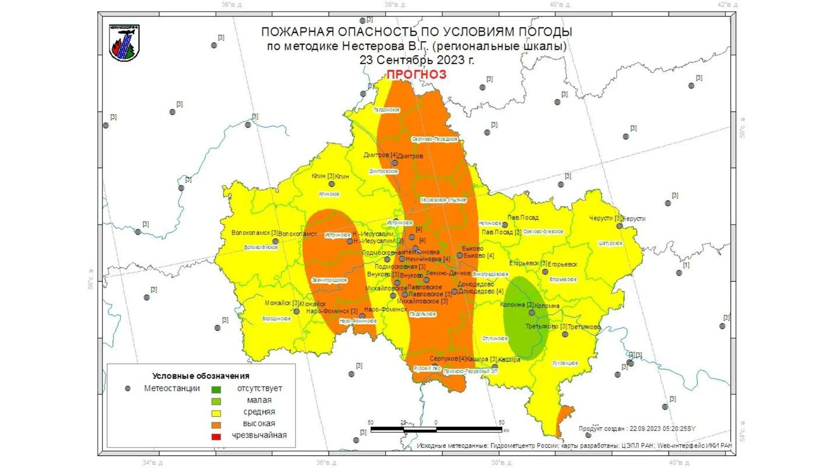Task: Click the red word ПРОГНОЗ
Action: point(416,74)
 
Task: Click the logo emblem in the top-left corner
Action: point(124,43)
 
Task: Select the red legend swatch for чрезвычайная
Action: point(216,436)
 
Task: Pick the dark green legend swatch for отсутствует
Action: point(216,390)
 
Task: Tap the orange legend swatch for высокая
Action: point(216,425)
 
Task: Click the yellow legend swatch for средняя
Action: point(216,413)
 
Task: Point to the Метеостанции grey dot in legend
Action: point(127,389)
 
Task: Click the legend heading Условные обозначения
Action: point(201,376)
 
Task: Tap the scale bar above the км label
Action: point(436,429)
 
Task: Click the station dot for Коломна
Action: point(532,312)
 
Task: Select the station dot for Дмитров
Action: point(395,163)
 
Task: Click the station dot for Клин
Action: point(331,184)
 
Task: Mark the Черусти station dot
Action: point(619,226)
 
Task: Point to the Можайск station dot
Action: point(296,311)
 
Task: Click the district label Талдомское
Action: point(387,110)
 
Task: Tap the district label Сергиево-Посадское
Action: point(434,139)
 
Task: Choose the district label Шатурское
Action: point(610,244)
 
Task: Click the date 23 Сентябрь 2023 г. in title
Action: point(416,60)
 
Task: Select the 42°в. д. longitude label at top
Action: point(728,5)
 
